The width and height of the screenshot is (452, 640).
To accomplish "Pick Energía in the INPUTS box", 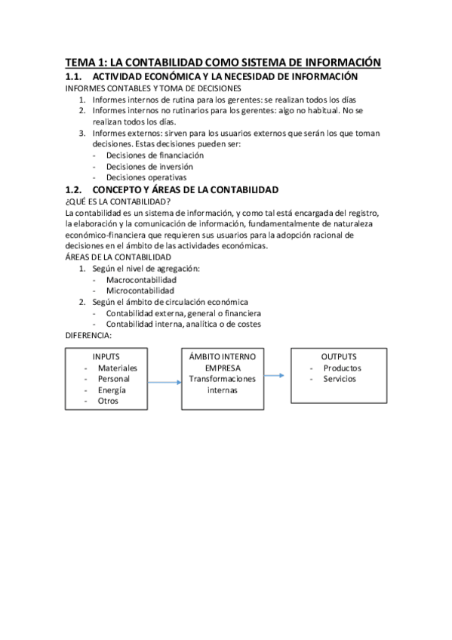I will coord(112,390).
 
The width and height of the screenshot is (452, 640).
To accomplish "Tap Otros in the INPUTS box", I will coord(108,402).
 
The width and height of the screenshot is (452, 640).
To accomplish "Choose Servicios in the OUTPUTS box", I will coord(340,379).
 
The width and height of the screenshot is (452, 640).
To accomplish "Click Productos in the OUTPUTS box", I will coord(342,368).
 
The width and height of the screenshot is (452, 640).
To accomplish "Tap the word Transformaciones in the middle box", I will coord(223,379).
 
